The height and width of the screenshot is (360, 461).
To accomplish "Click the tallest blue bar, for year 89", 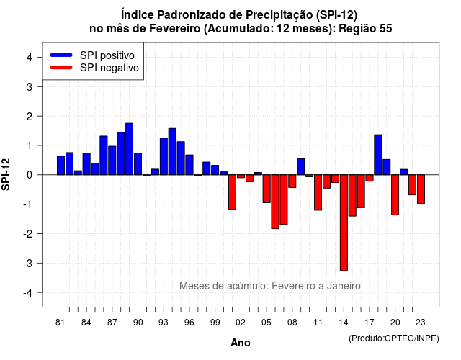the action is (129, 149).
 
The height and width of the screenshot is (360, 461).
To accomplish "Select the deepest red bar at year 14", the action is (344, 222).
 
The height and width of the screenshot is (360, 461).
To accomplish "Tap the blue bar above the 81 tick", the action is (61, 166).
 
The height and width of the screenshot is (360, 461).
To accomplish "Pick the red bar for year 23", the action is (421, 189).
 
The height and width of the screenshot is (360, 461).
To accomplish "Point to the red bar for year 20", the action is (395, 195).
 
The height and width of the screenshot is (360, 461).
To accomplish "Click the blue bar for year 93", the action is (164, 156).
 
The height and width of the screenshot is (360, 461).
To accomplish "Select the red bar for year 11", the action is (318, 192).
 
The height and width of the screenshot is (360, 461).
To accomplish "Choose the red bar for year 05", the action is (267, 189).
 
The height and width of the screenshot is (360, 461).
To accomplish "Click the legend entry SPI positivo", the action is (107, 55).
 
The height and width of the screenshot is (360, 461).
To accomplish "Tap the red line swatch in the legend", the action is (61, 67).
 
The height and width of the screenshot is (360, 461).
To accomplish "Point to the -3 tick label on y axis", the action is (28, 263).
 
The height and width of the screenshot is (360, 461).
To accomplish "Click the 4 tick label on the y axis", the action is (30, 58).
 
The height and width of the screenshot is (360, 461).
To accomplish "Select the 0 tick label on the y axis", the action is (30, 175).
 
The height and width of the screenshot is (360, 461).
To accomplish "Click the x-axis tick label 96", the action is (189, 323).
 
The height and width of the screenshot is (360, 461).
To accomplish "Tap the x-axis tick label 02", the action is (241, 323).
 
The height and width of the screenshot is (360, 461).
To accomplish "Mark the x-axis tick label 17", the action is (370, 323).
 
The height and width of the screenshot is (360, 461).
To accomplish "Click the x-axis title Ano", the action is (241, 343).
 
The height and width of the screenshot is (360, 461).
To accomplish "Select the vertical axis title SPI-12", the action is (6, 174).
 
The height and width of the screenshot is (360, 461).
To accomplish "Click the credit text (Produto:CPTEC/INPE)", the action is (394, 338).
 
